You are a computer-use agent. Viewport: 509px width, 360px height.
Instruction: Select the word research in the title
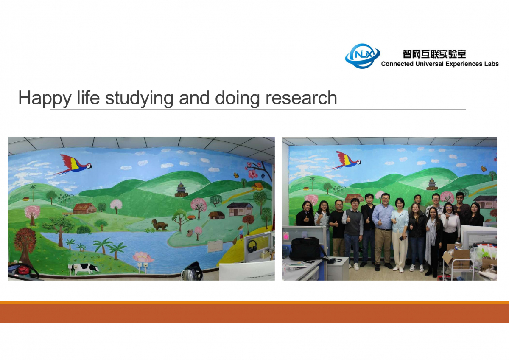click(x=301, y=98)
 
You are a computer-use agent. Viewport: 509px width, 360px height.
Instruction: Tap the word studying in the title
click(x=139, y=98)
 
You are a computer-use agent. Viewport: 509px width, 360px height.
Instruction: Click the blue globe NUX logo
click(x=362, y=56)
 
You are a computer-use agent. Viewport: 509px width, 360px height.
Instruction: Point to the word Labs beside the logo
click(x=491, y=64)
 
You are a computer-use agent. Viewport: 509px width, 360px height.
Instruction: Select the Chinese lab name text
click(x=434, y=54)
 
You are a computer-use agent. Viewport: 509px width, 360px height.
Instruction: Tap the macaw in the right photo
click(x=346, y=160)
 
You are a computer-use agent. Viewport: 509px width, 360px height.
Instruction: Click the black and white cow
click(x=85, y=268)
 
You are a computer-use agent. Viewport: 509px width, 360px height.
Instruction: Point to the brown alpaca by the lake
click(x=159, y=225)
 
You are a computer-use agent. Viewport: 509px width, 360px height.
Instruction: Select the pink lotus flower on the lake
click(x=143, y=257)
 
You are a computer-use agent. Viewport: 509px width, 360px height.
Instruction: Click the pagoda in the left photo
click(x=181, y=189)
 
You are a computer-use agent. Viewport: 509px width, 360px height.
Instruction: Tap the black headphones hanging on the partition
click(x=252, y=246)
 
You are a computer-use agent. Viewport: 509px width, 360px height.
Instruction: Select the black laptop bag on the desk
click(x=305, y=249)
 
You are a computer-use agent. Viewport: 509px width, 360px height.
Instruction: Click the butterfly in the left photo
click(x=237, y=174)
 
